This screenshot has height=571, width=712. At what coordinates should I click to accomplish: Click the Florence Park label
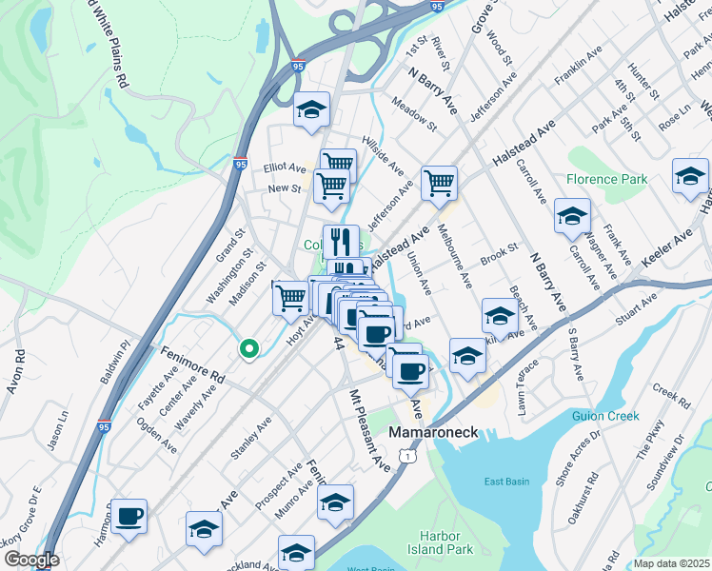[x=606, y=179]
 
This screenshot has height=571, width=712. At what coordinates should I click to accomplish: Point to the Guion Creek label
[x=604, y=416]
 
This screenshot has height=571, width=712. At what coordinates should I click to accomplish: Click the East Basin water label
[x=505, y=482]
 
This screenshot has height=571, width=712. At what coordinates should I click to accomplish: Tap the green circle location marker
[x=248, y=350]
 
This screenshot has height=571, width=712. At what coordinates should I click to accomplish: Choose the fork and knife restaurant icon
[x=341, y=241]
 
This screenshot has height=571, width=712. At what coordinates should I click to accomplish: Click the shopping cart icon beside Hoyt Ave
[x=290, y=297]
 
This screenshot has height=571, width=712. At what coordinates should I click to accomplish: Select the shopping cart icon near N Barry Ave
[x=439, y=182]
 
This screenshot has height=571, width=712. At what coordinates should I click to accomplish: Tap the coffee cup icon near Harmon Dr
[x=129, y=516]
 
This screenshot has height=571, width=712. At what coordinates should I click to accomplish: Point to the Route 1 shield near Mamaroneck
[x=407, y=458]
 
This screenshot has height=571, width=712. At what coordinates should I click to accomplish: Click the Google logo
[x=30, y=561]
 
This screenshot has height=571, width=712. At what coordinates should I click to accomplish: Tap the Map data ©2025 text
[x=672, y=563]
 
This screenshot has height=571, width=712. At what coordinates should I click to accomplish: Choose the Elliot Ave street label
[x=285, y=167]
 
